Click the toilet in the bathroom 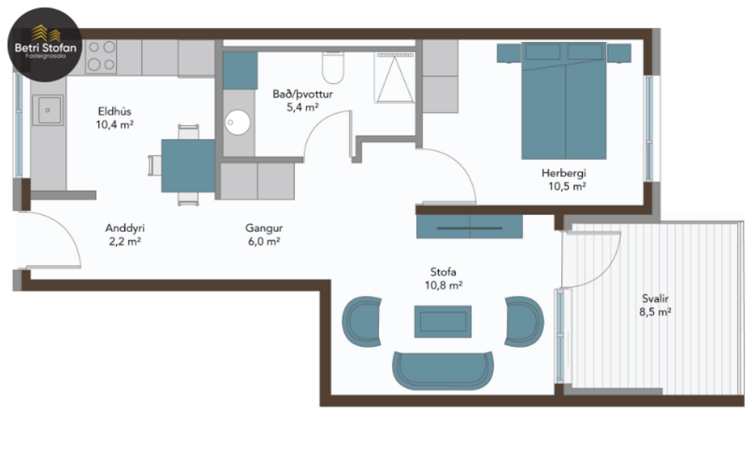(x=334, y=67)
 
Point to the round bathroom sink (x=238, y=122)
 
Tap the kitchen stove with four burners (x=101, y=56)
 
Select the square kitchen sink (x=49, y=110)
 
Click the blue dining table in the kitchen (x=188, y=165)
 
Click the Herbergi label (x=563, y=173)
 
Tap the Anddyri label (x=125, y=228)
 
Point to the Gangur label (x=263, y=228)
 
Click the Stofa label (x=443, y=272)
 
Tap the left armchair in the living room (x=362, y=321)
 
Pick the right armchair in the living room (x=524, y=319)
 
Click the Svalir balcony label (x=654, y=298)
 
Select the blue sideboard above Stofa (x=468, y=227)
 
